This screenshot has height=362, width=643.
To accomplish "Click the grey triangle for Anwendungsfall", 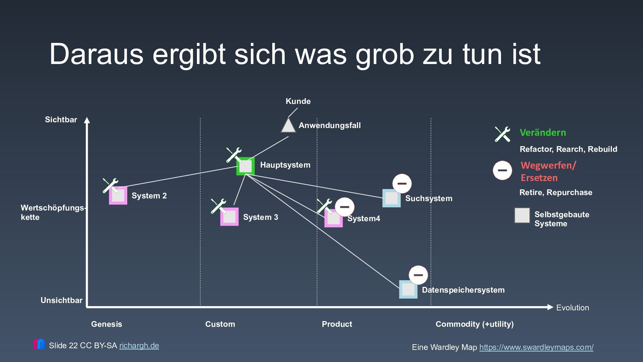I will point(288,126).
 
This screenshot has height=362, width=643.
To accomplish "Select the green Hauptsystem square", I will point(245,166).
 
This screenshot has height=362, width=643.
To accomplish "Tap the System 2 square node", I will point(118,195).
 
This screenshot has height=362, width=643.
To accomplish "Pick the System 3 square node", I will point(229,217).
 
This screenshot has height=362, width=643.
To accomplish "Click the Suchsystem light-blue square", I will point(391,198).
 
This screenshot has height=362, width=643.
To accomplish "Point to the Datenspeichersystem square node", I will point(408,290).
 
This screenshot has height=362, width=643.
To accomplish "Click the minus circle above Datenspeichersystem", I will point(418,275).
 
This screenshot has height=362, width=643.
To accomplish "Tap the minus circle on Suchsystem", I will point(402,183).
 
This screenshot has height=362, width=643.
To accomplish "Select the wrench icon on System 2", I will point(110,185).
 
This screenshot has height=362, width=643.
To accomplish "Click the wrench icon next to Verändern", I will point(502,134).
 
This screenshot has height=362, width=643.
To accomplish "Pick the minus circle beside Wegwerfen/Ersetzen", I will point(502,170).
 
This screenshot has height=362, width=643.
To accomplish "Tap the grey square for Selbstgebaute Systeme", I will point(522,215).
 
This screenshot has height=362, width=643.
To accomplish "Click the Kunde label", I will point(298,101).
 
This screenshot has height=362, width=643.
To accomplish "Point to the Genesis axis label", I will point(106,324).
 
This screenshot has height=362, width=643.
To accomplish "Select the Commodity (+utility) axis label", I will point(475,324).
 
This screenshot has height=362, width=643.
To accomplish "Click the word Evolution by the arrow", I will point(572,308).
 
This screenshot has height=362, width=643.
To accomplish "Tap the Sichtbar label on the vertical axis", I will point(61,120).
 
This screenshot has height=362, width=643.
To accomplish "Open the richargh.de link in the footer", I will point(139,346).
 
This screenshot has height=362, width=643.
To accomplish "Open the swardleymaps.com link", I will point(536,347).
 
